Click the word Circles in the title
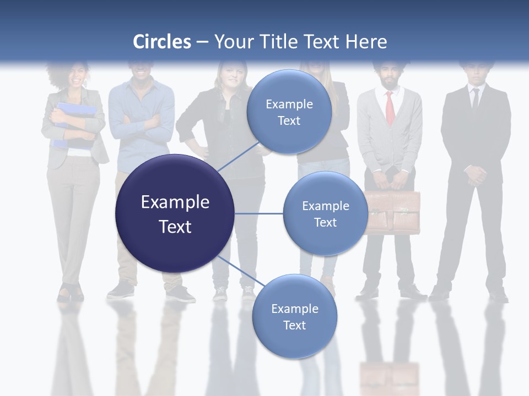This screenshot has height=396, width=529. pos(162,42)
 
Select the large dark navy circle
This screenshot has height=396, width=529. pos(175,213)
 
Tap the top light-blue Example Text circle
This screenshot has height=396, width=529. pos(289,112)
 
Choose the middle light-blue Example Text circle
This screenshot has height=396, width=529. pos(325,213)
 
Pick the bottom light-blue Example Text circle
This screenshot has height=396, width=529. pos(294,316)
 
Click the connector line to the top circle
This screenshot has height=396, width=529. pos(238,156)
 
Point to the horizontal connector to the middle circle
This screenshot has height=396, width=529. pos(258,213)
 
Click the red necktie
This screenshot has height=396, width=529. pos(390,107)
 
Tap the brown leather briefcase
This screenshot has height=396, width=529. pos(392,212)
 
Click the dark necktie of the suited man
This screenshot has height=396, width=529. pos(475,99)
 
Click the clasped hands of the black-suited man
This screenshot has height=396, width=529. pos(474,175)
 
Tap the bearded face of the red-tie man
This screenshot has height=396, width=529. pos(390,76)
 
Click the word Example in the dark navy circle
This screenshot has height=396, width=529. pos(175,202)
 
